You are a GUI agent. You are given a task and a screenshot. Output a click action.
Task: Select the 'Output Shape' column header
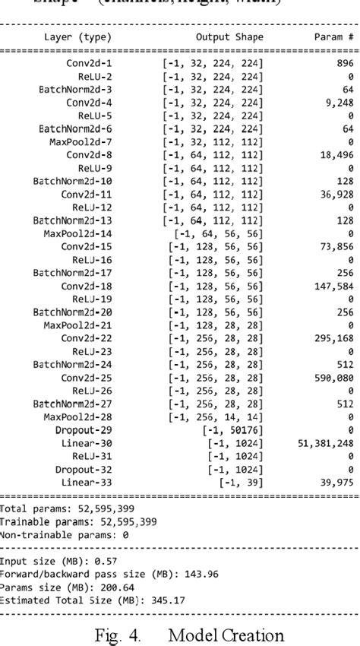(229, 37)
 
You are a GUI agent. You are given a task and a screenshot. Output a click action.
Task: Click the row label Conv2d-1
(89, 64)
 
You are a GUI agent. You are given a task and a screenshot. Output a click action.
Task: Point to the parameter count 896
(345, 64)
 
